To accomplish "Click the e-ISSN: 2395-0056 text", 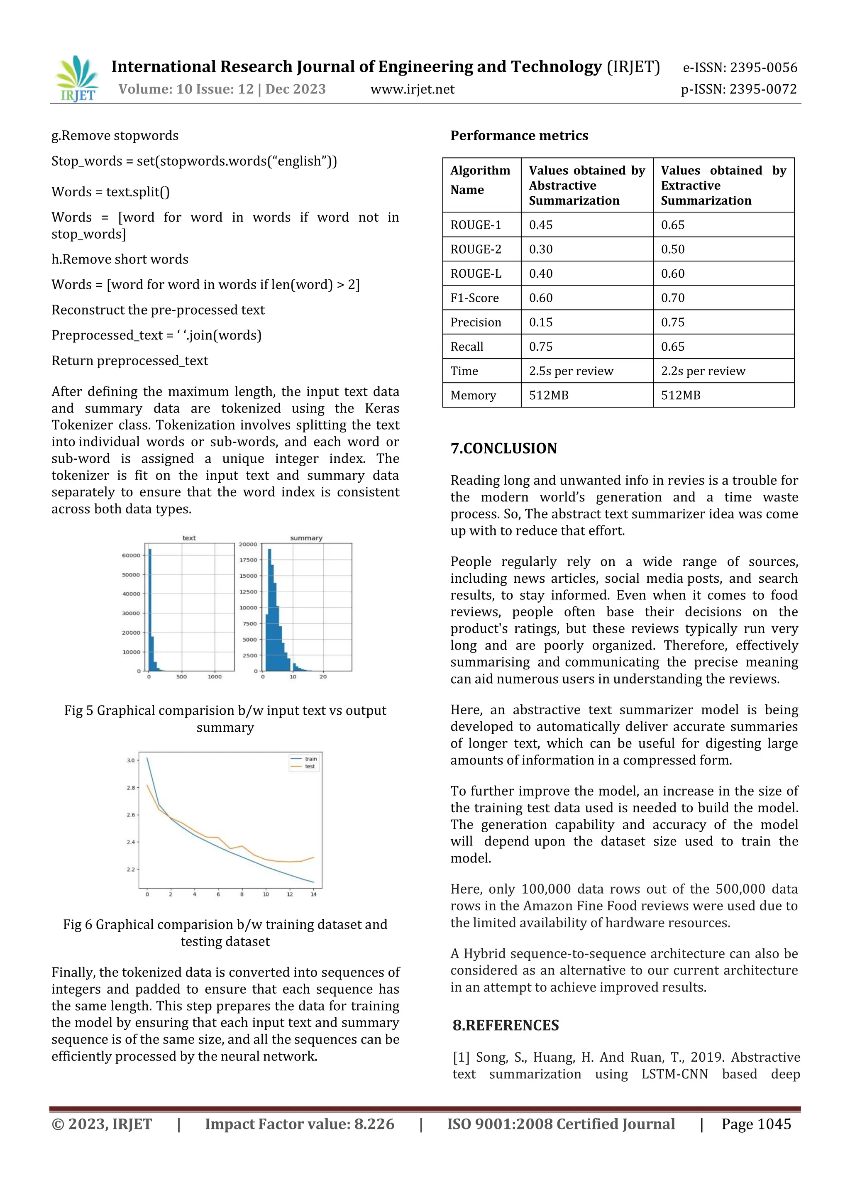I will coord(740,68).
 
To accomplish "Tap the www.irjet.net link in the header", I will coord(413,90).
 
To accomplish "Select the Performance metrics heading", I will coord(519,136).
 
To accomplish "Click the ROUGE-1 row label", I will coord(476,225).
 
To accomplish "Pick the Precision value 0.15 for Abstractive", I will coord(541,322).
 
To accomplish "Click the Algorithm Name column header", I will coord(480,180).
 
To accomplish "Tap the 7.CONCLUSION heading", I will coord(503,448).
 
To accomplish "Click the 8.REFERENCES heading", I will coord(506,1025).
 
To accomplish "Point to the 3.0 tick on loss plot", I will coord(130,760).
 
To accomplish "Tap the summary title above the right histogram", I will coord(306,537).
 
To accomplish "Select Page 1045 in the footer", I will coord(756,1124).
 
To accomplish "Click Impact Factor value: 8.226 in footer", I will coord(299,1124).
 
